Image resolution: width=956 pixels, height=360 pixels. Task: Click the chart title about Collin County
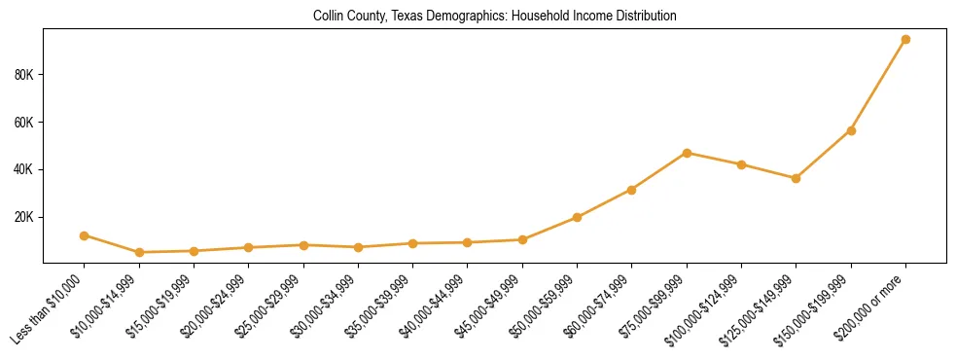[x=495, y=17]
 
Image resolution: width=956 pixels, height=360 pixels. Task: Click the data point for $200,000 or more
[x=905, y=40]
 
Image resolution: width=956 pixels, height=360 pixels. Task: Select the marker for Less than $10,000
[x=85, y=235]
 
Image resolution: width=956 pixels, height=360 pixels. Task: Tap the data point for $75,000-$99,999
[x=687, y=153]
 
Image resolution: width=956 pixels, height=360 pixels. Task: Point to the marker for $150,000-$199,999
[x=851, y=130]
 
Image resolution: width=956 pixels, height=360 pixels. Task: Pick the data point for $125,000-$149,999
[x=796, y=178]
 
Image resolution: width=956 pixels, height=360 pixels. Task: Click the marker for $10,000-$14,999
[x=139, y=252]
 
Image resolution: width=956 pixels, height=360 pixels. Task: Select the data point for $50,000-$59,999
[x=578, y=217]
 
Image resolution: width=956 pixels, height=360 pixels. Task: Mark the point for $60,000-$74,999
[x=632, y=190]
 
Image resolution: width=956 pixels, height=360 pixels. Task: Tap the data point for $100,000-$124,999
[x=741, y=164]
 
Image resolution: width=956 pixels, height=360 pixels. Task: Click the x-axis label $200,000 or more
[x=871, y=306]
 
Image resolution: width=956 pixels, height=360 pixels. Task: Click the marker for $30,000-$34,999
[x=358, y=247]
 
